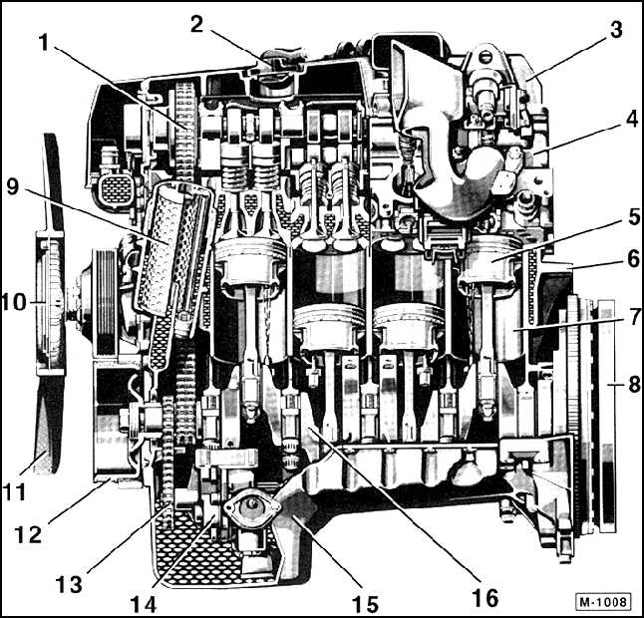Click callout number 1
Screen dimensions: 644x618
(44, 43)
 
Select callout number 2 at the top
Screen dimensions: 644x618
(196, 25)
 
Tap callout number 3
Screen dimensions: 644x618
(616, 30)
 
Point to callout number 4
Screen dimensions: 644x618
(632, 119)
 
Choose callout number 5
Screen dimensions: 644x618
(634, 216)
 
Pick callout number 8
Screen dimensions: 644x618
(634, 385)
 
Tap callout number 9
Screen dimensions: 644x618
(13, 186)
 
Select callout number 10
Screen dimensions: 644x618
(14, 303)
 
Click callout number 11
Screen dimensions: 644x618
(15, 491)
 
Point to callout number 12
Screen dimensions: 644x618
(28, 534)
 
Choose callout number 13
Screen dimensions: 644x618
(69, 583)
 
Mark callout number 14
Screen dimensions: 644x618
(144, 604)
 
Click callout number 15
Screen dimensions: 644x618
(366, 604)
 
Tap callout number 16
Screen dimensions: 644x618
(485, 597)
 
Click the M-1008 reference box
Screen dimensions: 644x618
(603, 602)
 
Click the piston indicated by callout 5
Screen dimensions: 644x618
(487, 263)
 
